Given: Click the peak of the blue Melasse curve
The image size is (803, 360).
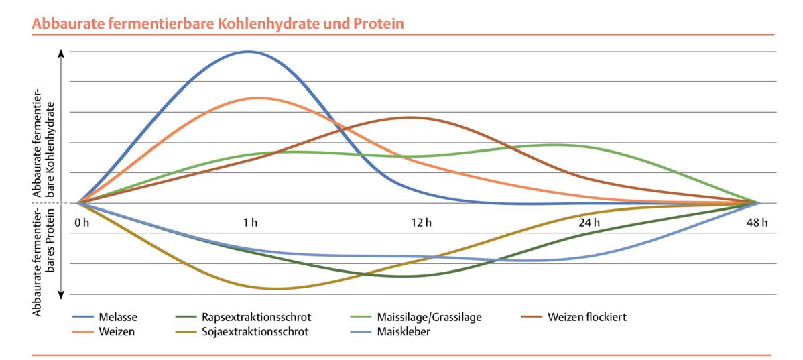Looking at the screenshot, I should coord(249,52).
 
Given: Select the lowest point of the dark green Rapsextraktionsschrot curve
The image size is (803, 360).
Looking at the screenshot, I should coord(407,276).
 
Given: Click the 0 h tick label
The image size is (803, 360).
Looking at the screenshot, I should coord(82,223).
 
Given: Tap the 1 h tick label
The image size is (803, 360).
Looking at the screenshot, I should coord(251,223).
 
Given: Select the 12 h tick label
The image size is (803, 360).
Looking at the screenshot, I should coord(422,223).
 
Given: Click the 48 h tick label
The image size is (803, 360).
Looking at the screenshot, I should coord(757,223).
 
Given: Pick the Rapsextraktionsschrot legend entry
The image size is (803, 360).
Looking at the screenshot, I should coord(257,317).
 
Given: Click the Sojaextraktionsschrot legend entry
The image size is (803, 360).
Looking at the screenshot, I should coord(256,331).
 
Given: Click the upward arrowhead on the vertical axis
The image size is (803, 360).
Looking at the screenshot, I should coord(62,53).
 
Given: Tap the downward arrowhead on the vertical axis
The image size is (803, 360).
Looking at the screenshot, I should coord(62,292).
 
